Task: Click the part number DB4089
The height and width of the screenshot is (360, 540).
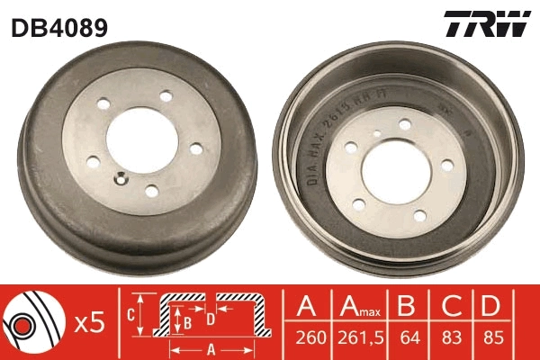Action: (x=59, y=28)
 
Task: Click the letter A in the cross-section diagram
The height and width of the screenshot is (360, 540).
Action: (x=210, y=348)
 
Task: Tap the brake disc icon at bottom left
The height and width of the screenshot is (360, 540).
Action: (x=29, y=321)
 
